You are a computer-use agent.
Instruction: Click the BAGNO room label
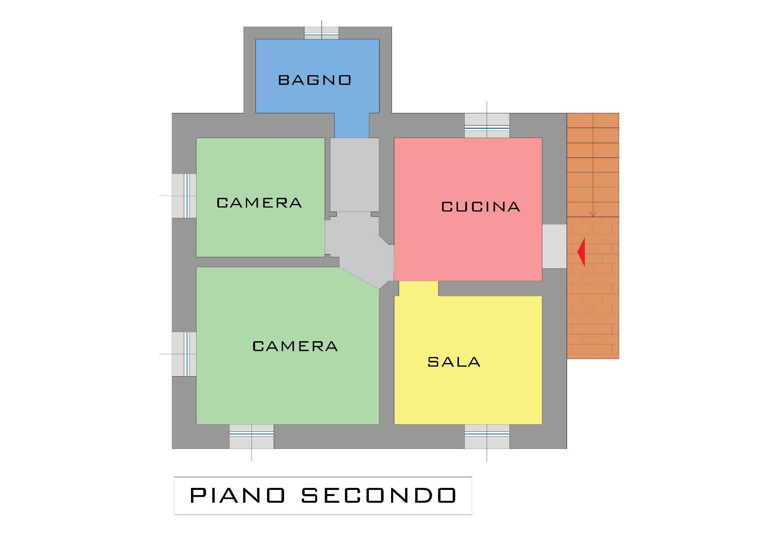pyautogui.click(x=314, y=80)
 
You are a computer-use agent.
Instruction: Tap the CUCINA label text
pyautogui.click(x=481, y=207)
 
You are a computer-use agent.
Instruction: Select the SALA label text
pyautogui.click(x=454, y=362)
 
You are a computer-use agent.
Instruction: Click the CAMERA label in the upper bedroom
pyautogui.click(x=259, y=203)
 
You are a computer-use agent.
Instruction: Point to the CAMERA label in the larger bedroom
pyautogui.click(x=295, y=346)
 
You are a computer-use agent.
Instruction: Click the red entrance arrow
pyautogui.click(x=581, y=252)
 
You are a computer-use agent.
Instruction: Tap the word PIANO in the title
pyautogui.click(x=238, y=495)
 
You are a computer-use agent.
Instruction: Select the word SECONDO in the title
pyautogui.click(x=378, y=495)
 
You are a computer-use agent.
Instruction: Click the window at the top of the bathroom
pyautogui.click(x=322, y=33)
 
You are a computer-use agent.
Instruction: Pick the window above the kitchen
pyautogui.click(x=487, y=126)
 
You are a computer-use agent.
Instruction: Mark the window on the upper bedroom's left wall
pyautogui.click(x=185, y=196)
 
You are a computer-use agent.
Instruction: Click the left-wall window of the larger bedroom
pyautogui.click(x=185, y=354)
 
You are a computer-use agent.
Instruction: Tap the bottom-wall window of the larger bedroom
pyautogui.click(x=251, y=436)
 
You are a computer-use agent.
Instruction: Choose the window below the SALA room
pyautogui.click(x=487, y=436)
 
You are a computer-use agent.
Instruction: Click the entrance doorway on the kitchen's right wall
pyautogui.click(x=554, y=246)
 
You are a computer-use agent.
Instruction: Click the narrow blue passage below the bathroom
pyautogui.click(x=351, y=125)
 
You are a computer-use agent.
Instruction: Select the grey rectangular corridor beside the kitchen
pyautogui.click(x=354, y=175)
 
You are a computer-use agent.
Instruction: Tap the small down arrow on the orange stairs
pyautogui.click(x=593, y=214)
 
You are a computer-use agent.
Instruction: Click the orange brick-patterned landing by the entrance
pyautogui.click(x=593, y=290)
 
